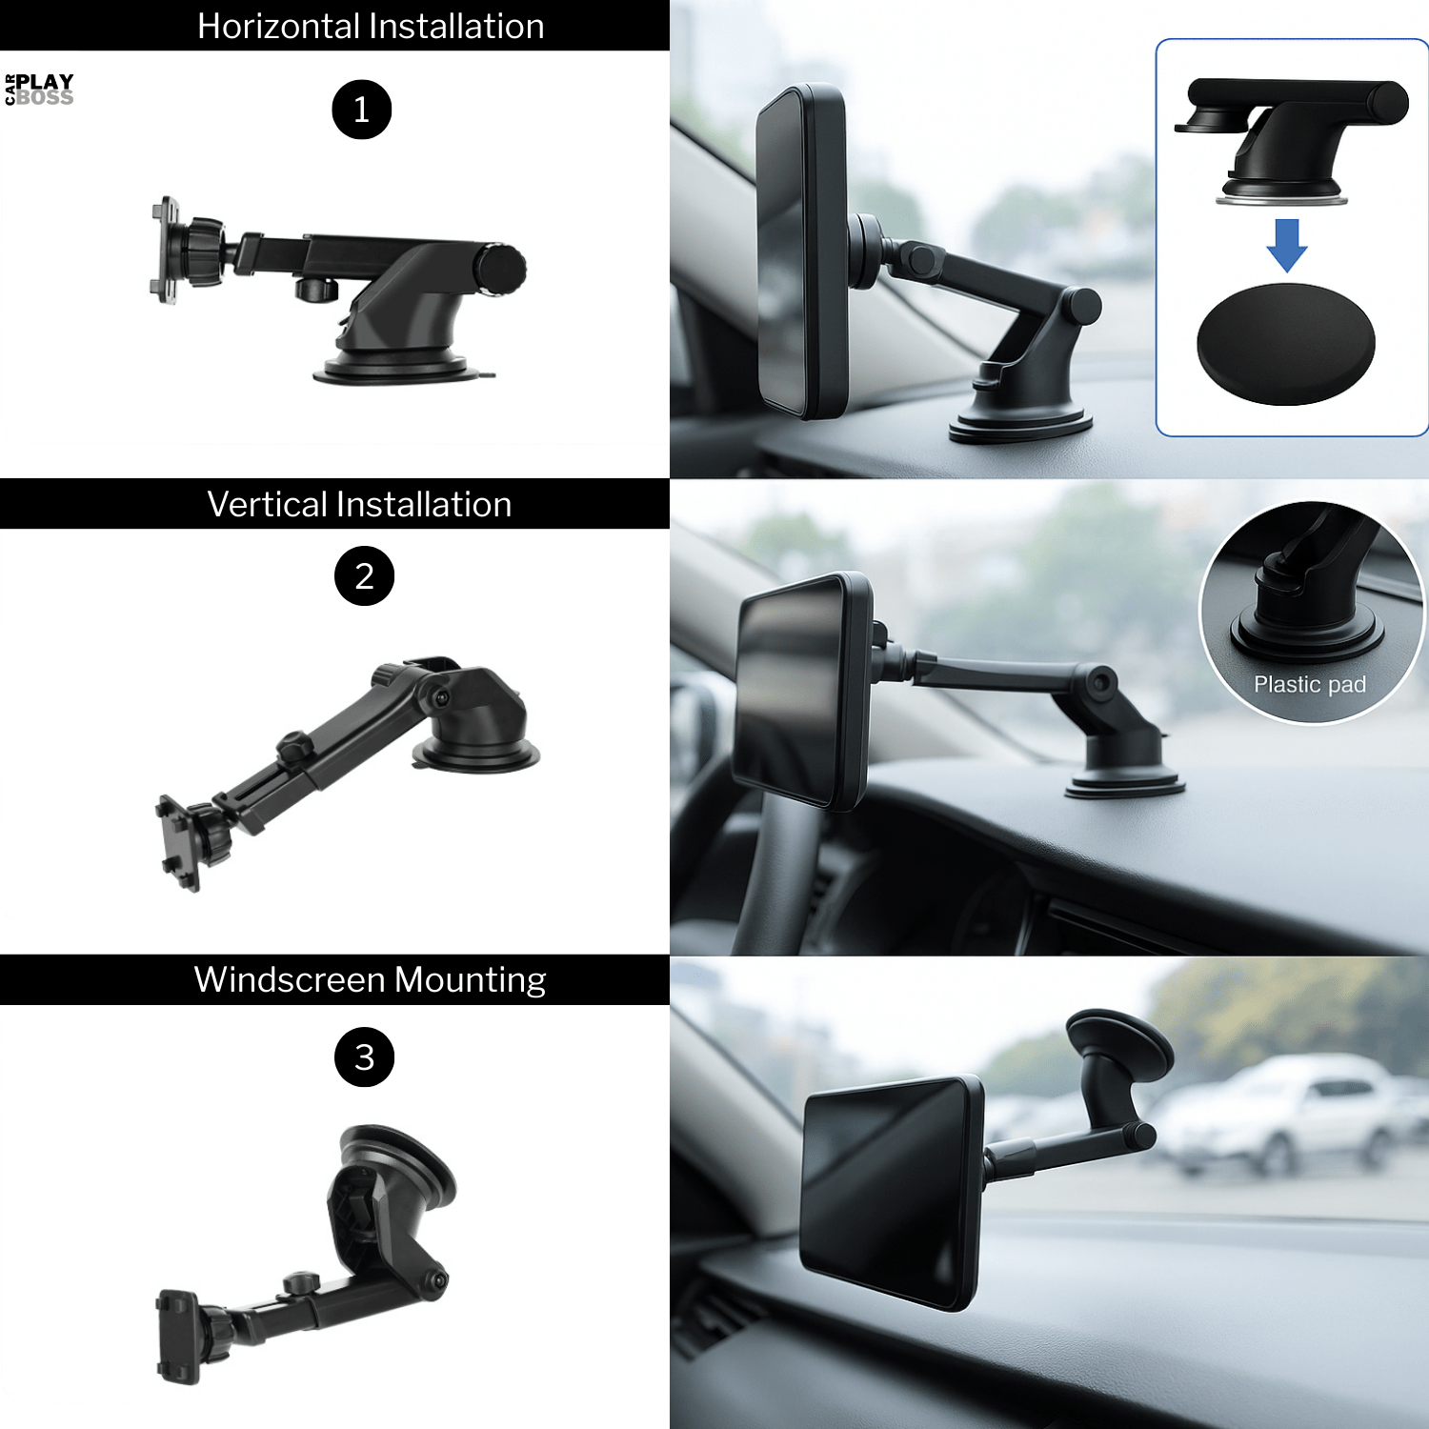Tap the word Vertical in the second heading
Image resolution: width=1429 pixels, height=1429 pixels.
pos(268,504)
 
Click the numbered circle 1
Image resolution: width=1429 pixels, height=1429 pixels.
pos(362,110)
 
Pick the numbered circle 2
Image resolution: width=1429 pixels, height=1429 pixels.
pos(364,575)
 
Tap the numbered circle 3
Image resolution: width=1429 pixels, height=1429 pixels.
pos(364,1057)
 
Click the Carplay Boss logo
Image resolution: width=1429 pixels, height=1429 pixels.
pos(39,90)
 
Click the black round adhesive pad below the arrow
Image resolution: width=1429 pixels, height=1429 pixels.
pos(1285,344)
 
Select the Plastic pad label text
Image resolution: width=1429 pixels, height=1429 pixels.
pos(1309,684)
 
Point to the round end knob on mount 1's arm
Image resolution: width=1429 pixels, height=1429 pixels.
pos(501,270)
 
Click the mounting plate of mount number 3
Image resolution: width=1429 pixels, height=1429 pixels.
pos(177,1336)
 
